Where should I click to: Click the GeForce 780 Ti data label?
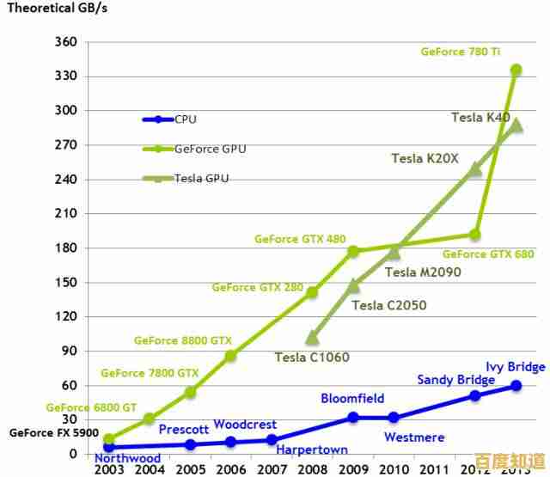click(460, 52)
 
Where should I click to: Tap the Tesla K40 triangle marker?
click(516, 126)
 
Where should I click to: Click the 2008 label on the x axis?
click(312, 469)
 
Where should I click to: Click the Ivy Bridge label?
click(515, 367)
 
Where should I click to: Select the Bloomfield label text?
click(352, 398)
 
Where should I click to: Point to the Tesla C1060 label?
click(312, 357)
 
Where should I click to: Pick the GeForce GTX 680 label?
click(487, 254)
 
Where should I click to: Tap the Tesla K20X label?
click(425, 158)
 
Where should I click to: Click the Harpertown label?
click(311, 449)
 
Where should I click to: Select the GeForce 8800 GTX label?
click(182, 340)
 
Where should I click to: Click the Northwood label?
click(127, 458)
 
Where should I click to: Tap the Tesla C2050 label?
click(388, 304)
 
